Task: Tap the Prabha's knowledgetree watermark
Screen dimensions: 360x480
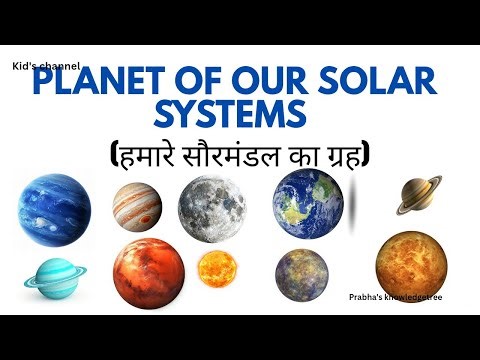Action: click(x=396, y=297)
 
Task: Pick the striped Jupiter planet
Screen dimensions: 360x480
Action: click(x=137, y=206)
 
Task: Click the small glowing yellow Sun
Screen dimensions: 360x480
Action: click(x=218, y=269)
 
